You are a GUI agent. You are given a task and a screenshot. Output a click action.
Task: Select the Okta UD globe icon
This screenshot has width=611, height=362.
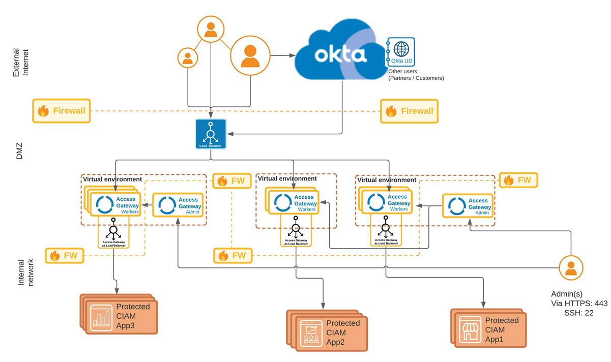pyautogui.click(x=401, y=49)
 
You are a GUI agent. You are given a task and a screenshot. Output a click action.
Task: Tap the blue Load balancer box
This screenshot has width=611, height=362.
pyautogui.click(x=211, y=134)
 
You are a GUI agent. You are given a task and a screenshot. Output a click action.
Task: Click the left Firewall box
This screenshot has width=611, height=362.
pyautogui.click(x=62, y=111)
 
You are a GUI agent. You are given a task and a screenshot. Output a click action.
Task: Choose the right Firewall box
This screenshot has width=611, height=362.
pyautogui.click(x=409, y=111)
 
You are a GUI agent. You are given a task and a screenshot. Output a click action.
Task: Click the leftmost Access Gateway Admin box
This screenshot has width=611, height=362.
pyautogui.click(x=178, y=205)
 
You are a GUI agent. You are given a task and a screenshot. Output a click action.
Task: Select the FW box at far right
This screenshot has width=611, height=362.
pyautogui.click(x=518, y=180)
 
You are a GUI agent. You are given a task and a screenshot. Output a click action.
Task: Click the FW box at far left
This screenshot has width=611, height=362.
pyautogui.click(x=64, y=255)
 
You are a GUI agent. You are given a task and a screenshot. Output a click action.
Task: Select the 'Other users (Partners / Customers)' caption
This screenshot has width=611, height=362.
pyautogui.click(x=416, y=75)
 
